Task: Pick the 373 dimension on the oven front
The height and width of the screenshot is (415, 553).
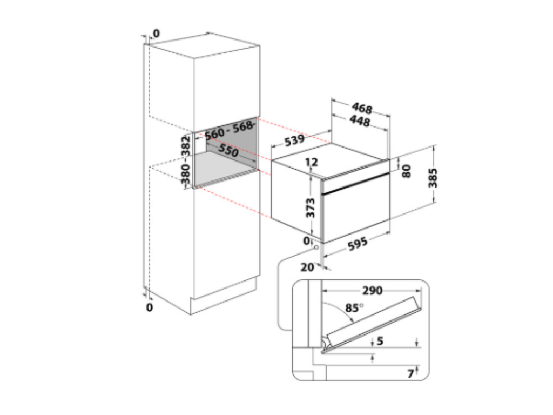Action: (x=311, y=206)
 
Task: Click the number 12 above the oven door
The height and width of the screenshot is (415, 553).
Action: (x=311, y=162)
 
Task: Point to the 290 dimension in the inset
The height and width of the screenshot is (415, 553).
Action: (x=372, y=291)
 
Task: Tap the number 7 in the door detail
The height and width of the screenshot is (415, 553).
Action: (x=410, y=373)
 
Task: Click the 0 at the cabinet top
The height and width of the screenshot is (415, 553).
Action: (x=156, y=33)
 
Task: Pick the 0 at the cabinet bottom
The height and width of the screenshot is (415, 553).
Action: (x=150, y=307)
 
